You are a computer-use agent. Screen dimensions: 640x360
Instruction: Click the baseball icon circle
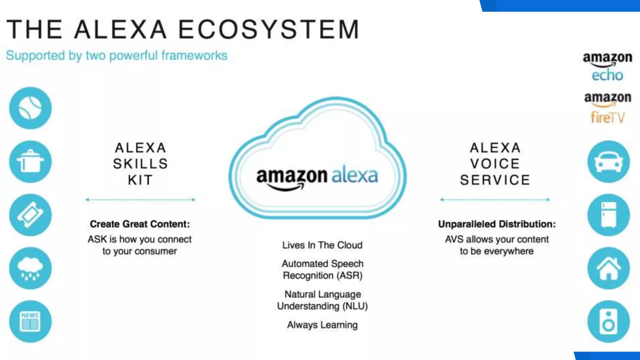[30, 108]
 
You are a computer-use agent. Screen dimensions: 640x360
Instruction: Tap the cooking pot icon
[30, 162]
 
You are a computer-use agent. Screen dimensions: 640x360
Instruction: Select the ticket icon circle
[30, 215]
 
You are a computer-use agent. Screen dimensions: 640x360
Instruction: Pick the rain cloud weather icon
[30, 268]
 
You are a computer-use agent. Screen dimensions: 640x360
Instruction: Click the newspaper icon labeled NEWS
[30, 322]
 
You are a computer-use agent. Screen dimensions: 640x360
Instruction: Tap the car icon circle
[608, 162]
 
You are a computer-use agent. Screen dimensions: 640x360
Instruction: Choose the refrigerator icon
[608, 215]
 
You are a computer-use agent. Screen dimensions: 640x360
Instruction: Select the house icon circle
[608, 268]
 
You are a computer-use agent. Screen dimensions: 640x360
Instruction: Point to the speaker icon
[608, 322]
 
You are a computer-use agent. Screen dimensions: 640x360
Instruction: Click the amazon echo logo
[607, 67]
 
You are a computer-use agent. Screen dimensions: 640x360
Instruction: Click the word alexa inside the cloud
[354, 175]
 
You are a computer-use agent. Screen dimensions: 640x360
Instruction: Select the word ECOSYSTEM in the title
[269, 29]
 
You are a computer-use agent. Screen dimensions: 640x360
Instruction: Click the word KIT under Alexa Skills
[140, 180]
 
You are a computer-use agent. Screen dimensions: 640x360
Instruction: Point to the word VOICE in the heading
[495, 164]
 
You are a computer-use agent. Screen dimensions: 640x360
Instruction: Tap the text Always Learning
[322, 325]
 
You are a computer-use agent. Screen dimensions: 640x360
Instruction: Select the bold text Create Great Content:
[140, 224]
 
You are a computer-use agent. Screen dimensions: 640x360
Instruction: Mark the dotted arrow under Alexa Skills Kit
[140, 199]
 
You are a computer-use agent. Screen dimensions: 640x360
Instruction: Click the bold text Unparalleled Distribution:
[497, 224]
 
